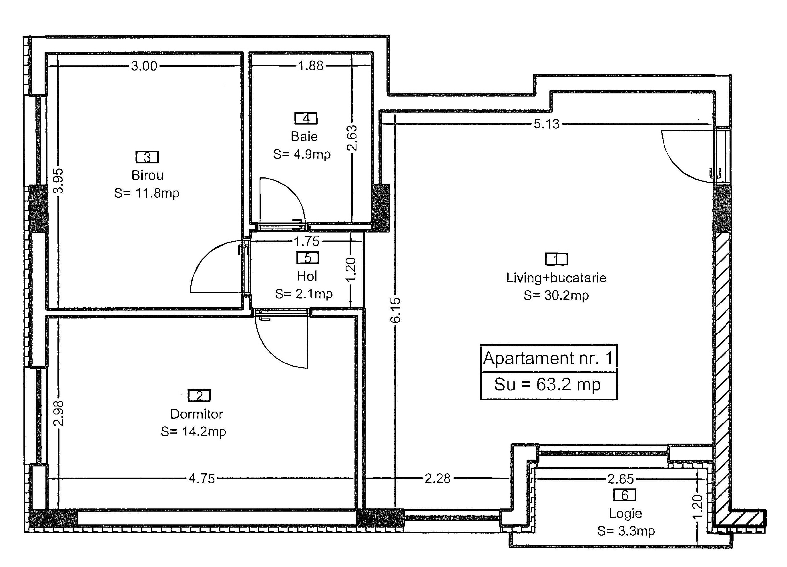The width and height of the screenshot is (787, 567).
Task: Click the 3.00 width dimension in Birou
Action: coord(144,66)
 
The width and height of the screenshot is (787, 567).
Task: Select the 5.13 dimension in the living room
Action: coord(547,124)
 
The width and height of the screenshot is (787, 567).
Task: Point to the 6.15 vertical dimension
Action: coord(395,310)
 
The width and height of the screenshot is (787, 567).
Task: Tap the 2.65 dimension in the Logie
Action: coord(621,479)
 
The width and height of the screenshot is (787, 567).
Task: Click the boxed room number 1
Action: coord(556,259)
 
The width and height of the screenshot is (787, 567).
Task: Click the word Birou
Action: coord(148,175)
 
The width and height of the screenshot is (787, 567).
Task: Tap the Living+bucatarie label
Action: coord(556,278)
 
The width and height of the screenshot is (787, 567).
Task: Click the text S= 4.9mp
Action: coord(302,154)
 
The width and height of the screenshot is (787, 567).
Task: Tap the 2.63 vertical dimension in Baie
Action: coord(352,138)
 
